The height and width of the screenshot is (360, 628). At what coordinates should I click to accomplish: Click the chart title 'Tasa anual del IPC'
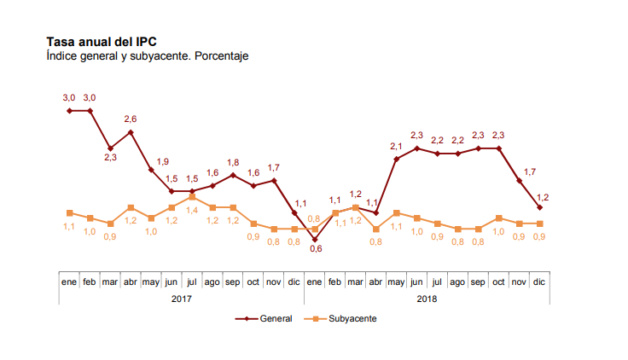point(102,41)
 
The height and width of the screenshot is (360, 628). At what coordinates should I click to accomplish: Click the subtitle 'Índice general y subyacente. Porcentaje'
point(147,55)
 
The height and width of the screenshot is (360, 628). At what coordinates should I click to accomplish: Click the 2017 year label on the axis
point(182,299)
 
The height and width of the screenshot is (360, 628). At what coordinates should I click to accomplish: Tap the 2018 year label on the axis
point(427,299)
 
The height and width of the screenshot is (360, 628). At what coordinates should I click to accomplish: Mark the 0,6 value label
point(315,249)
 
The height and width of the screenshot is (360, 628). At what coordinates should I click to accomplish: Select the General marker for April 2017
point(131,132)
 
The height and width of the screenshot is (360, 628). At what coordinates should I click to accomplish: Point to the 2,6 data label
point(131,119)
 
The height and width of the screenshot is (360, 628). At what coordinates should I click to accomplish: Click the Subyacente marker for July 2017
point(192,196)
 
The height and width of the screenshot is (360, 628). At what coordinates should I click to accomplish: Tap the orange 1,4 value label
point(192,210)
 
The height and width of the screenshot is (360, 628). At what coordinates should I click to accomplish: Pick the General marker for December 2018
point(539,207)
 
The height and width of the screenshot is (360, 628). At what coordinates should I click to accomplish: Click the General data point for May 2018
point(397,159)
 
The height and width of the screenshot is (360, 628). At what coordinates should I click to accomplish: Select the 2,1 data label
point(397,146)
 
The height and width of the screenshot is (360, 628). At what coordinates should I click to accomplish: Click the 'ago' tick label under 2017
point(212,281)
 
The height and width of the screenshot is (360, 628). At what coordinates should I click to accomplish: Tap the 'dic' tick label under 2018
point(539,281)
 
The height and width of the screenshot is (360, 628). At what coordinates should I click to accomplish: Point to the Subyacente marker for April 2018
point(376,229)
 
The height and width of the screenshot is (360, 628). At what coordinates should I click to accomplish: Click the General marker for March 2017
point(110,148)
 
